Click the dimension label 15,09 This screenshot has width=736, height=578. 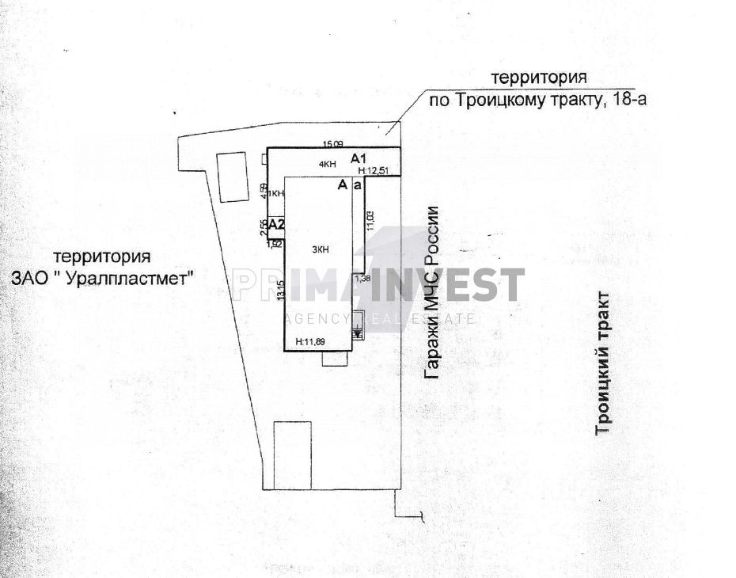tap(332, 144)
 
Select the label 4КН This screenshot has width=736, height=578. tap(326, 164)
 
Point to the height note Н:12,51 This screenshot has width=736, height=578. tap(373, 170)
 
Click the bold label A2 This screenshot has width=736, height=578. tap(276, 226)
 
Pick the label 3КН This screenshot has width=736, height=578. tap(321, 250)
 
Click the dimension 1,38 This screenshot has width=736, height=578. tap(362, 279)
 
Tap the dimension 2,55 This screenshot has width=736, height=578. tap(264, 226)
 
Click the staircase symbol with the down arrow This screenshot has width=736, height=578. tap(358, 325)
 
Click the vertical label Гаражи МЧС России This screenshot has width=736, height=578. tap(431, 291)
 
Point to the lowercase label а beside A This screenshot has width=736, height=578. tap(358, 185)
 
